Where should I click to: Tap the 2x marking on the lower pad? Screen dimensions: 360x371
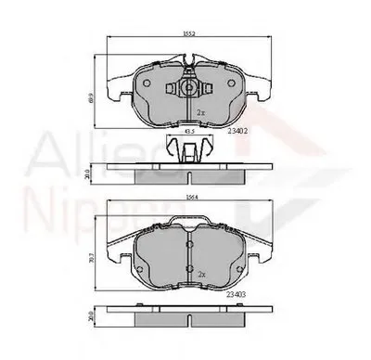click(199, 275)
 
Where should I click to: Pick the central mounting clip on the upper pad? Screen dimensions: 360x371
click(188, 90)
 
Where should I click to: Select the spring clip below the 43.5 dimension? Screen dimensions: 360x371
click(189, 148)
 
